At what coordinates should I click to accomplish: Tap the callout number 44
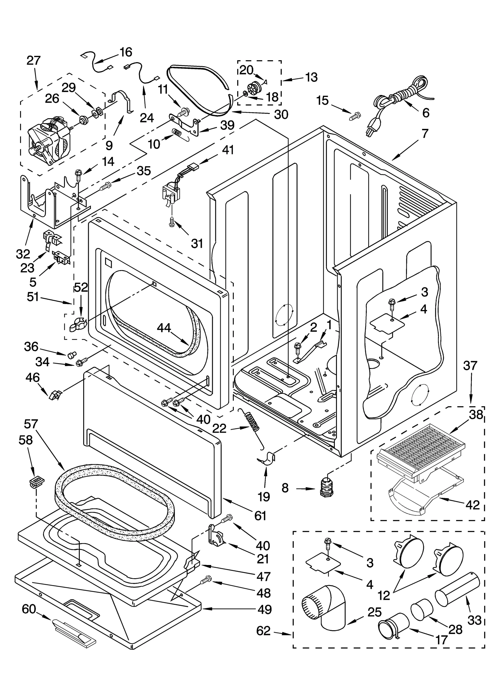pyautogui.click(x=164, y=328)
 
